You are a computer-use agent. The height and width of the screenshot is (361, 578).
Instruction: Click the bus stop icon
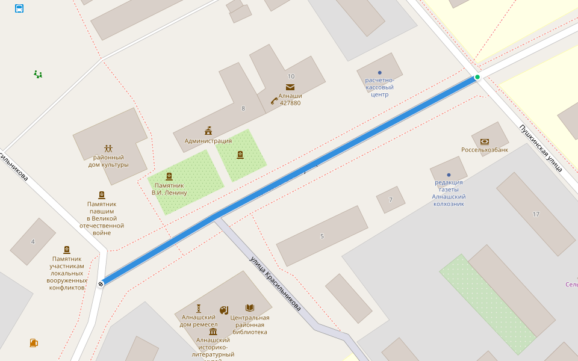[19, 8]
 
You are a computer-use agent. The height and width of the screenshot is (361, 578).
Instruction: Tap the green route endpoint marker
[477, 77]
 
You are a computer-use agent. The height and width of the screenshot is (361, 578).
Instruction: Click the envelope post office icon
[290, 87]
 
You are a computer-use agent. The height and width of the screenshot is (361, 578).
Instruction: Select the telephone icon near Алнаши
[274, 100]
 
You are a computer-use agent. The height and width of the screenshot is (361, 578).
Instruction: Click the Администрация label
[208, 141]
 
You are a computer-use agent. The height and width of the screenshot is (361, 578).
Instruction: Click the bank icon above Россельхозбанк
[484, 141]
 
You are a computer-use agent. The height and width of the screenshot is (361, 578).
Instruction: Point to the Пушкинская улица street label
[541, 148]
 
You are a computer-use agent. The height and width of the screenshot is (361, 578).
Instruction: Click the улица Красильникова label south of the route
[276, 283]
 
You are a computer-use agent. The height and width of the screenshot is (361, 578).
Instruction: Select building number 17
[536, 214]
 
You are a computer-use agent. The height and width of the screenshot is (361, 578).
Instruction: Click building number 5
[322, 236]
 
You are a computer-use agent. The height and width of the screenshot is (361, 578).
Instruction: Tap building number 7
[391, 199]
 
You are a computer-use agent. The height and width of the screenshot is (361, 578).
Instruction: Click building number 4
[33, 241]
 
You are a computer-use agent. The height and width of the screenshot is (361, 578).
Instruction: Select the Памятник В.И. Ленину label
[169, 189]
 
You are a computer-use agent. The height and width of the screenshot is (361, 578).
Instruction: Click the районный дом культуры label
[108, 161]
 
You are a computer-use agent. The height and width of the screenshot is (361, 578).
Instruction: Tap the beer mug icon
[34, 343]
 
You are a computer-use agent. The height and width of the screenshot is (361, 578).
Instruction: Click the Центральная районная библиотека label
[249, 324]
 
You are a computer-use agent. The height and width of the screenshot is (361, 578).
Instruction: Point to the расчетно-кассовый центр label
[379, 87]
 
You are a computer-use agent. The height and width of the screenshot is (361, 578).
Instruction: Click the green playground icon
[38, 74]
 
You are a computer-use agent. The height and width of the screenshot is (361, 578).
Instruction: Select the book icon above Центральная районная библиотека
[249, 308]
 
